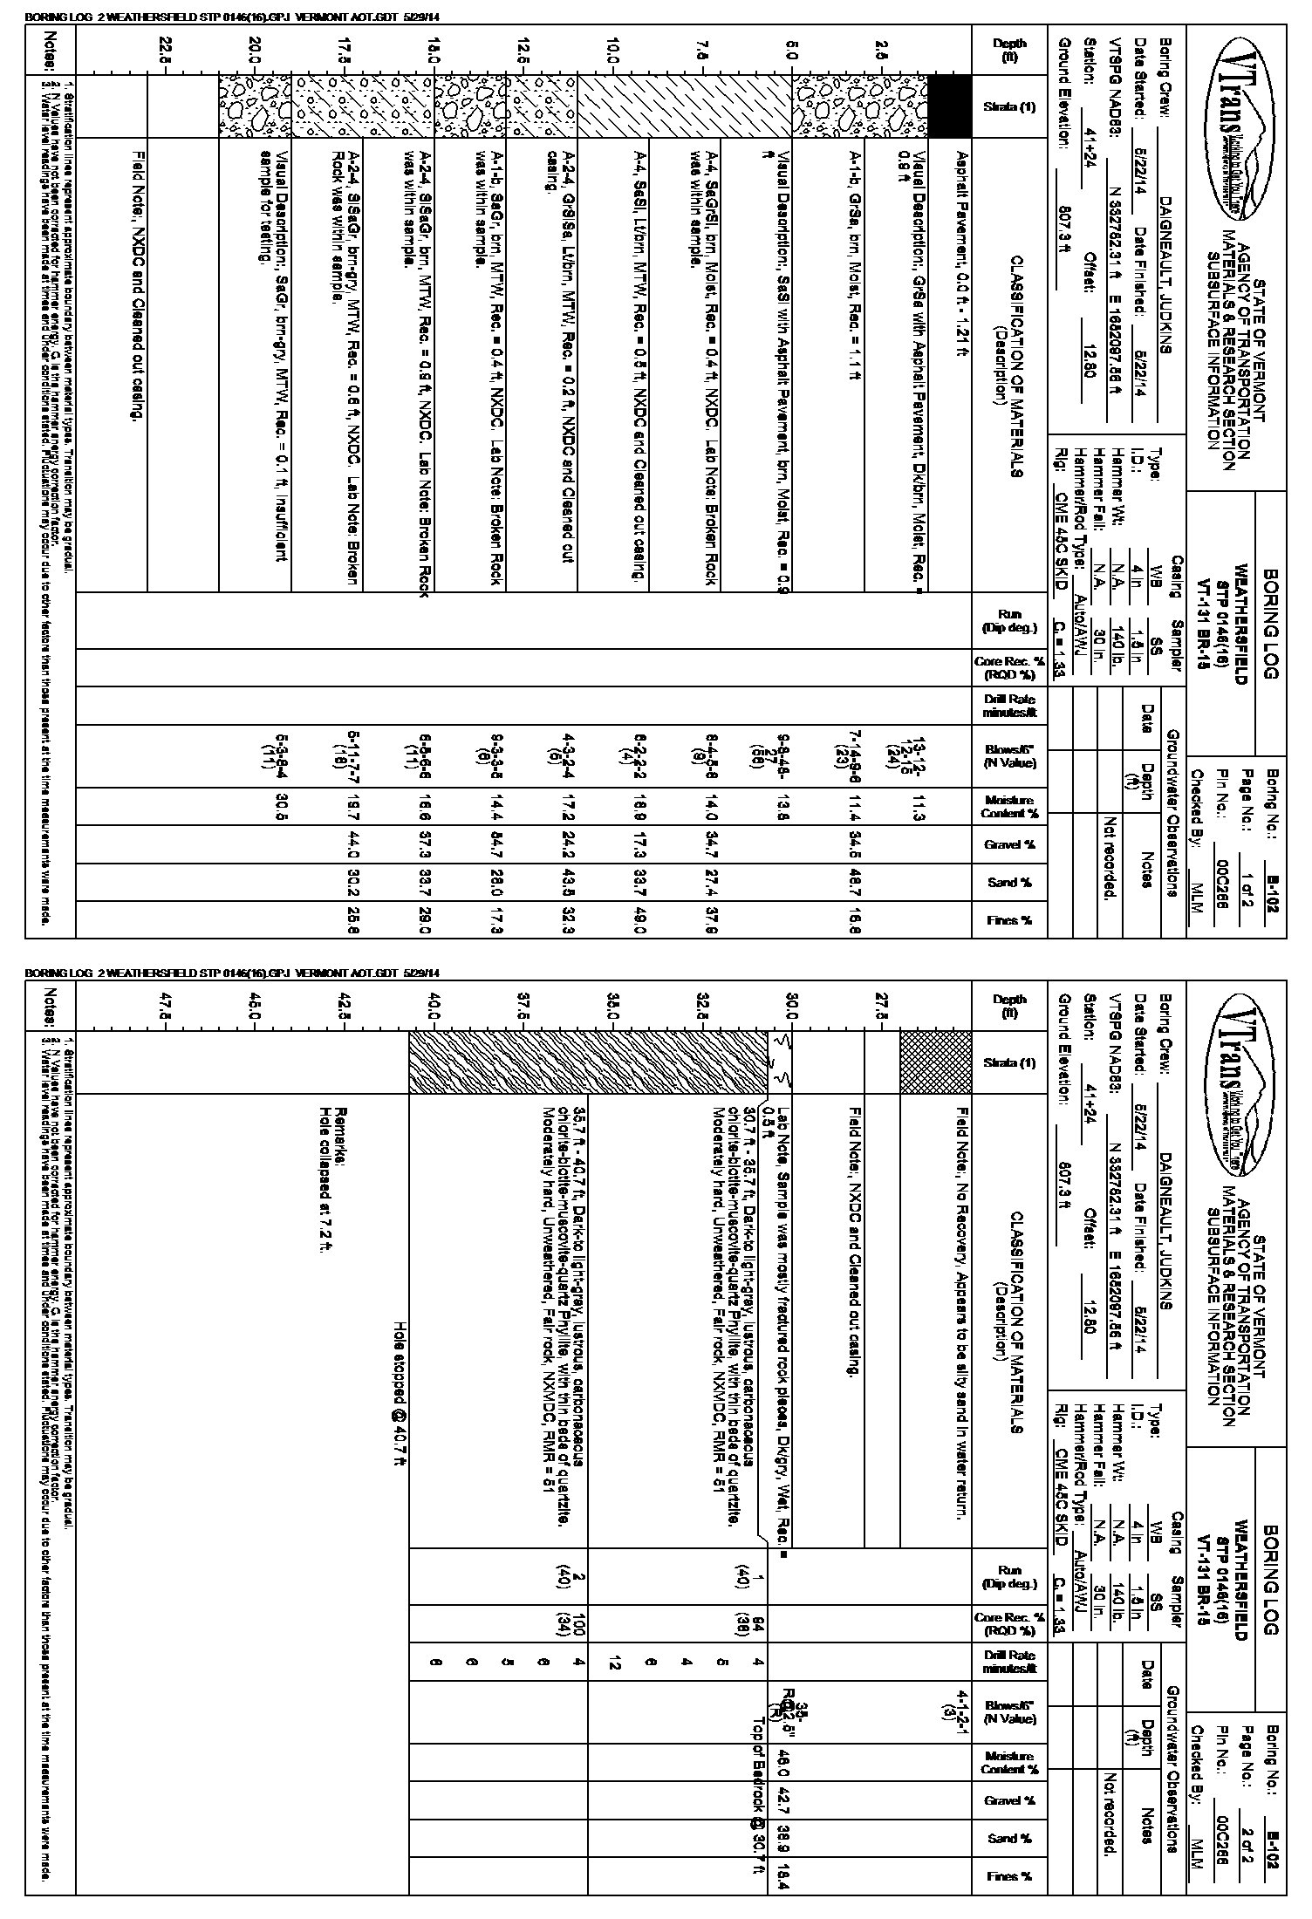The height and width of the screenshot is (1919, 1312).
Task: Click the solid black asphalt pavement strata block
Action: click(x=948, y=106)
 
